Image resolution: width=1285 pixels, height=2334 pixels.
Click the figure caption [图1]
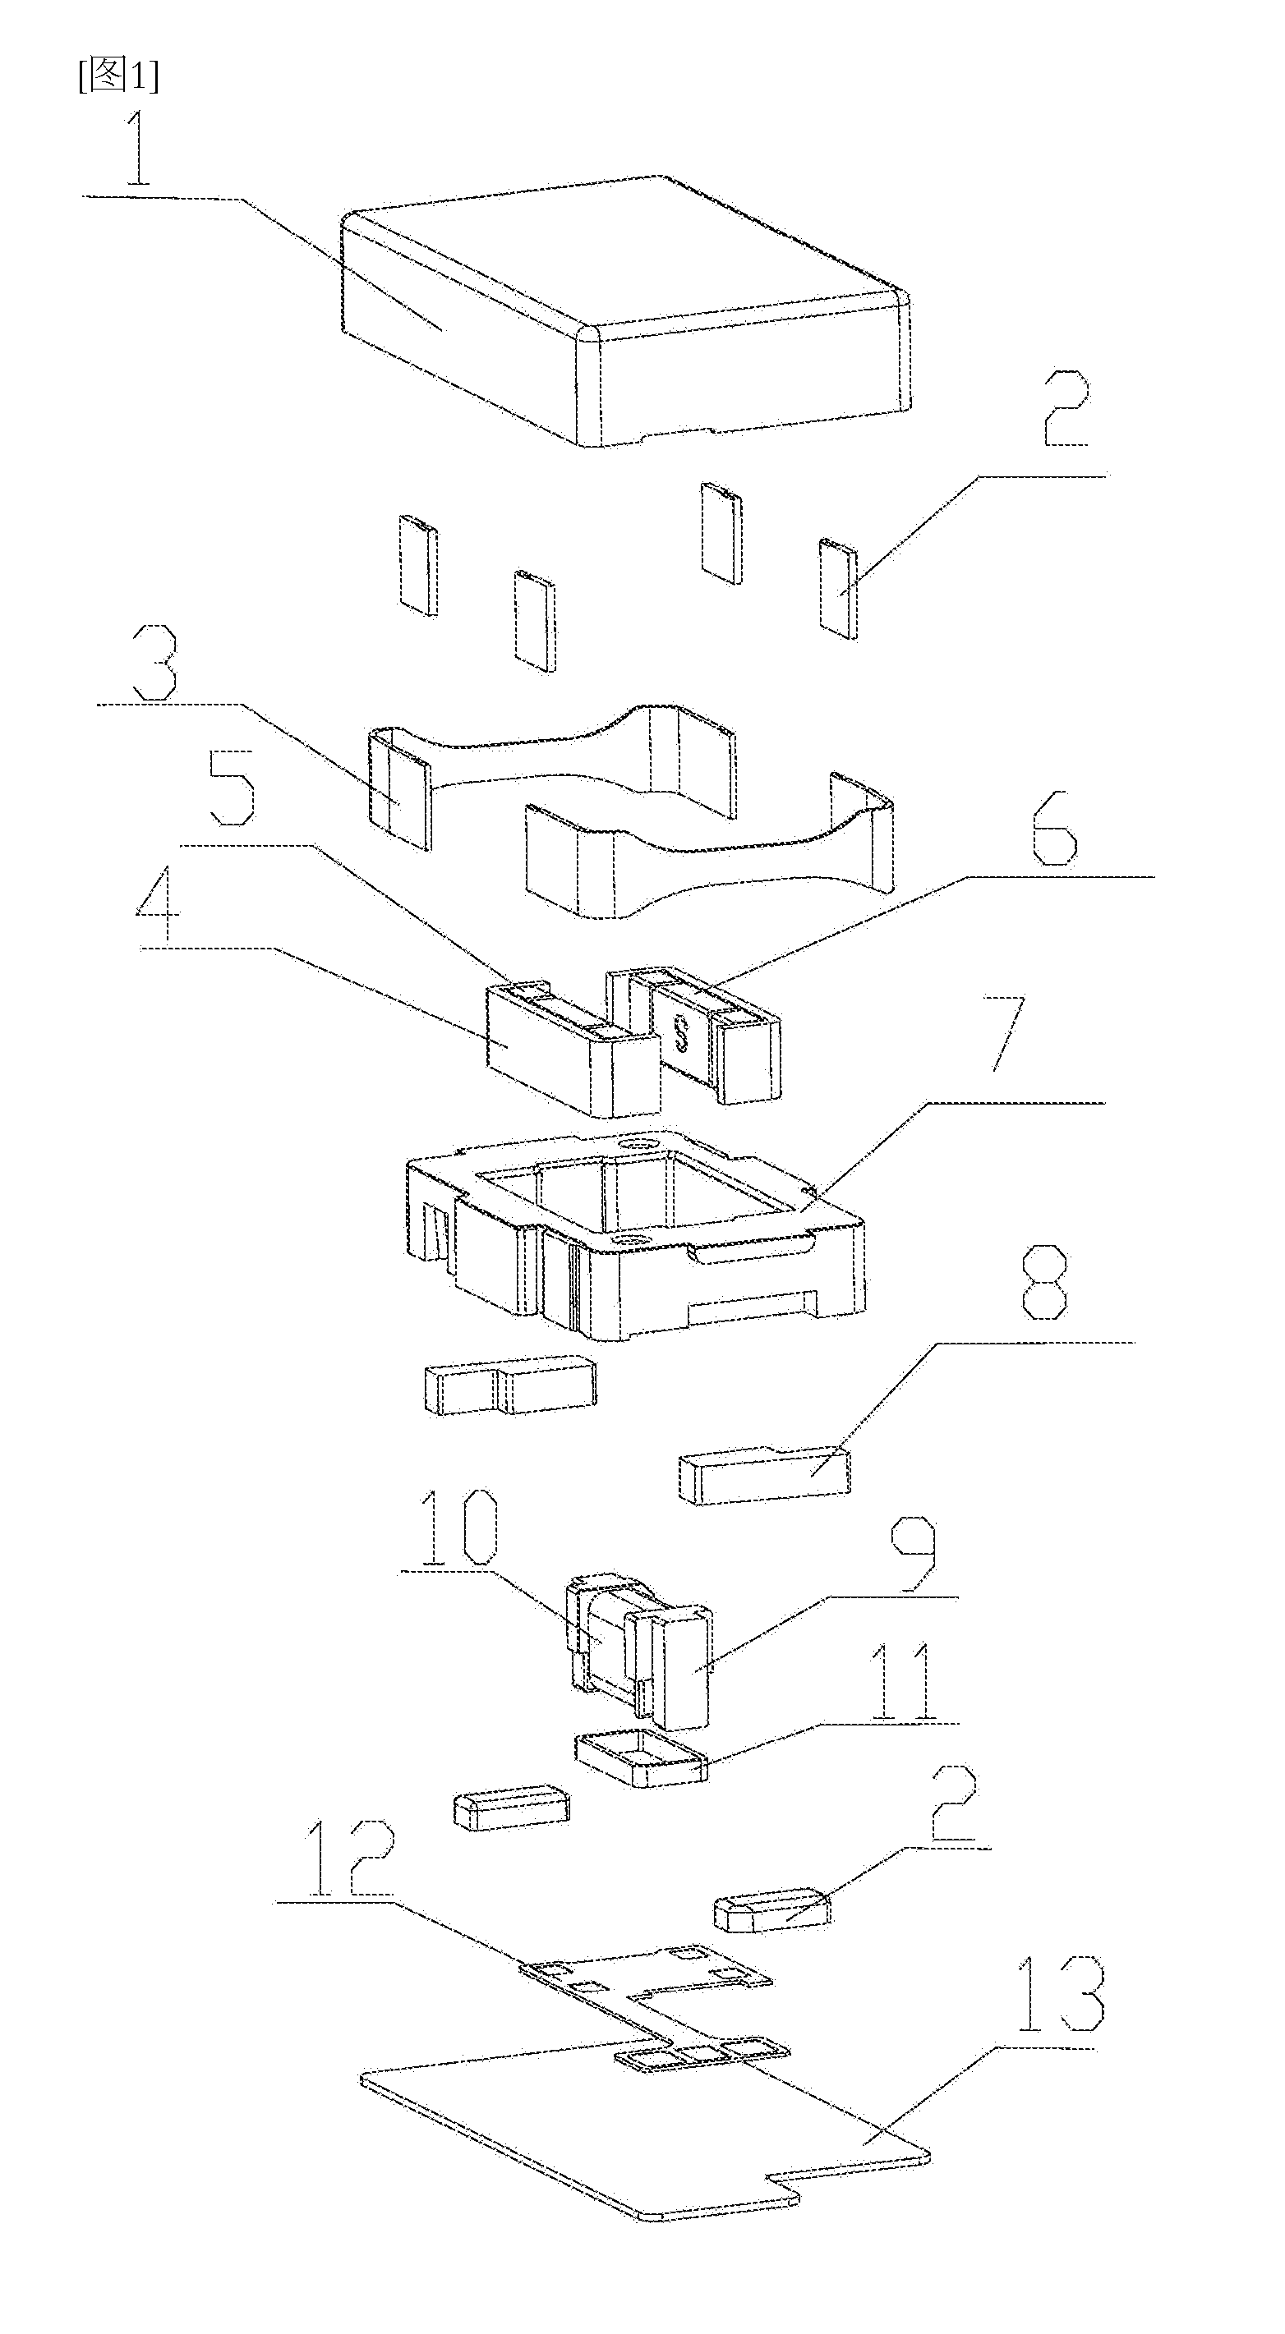117,76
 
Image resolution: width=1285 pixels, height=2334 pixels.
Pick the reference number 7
1009,1033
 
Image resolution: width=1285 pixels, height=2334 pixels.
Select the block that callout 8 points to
764,1477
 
